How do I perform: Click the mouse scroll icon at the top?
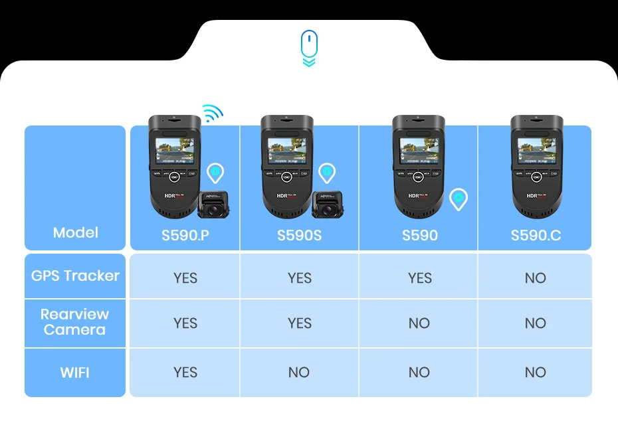(x=309, y=48)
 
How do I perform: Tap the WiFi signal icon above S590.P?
(x=212, y=114)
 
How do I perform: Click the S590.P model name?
(x=185, y=235)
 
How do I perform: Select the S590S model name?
(x=299, y=235)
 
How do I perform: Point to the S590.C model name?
(x=535, y=235)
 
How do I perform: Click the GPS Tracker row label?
(x=75, y=276)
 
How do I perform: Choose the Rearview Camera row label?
(x=75, y=322)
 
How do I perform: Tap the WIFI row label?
(x=75, y=373)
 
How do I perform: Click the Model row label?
(x=76, y=232)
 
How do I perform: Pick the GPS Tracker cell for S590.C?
(x=535, y=278)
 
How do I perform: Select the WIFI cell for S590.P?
(x=185, y=373)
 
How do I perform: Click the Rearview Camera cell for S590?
(x=419, y=323)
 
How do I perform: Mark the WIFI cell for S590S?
(x=299, y=373)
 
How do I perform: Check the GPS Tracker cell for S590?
(x=419, y=278)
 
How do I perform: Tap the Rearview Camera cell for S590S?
(x=299, y=323)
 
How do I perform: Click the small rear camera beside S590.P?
(x=213, y=205)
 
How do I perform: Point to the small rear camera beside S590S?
(x=325, y=205)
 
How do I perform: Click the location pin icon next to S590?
(x=459, y=199)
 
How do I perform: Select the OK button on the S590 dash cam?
(x=418, y=177)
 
